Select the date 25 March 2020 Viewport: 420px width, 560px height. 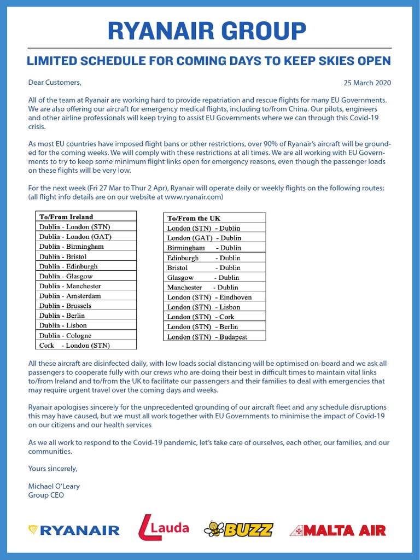pos(367,83)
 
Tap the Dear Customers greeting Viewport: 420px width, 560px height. pos(55,83)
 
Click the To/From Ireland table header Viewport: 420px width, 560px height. pos(66,217)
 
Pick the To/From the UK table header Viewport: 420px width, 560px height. pos(194,218)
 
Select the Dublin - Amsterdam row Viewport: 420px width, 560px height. pos(70,296)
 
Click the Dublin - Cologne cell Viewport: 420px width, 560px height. pos(65,335)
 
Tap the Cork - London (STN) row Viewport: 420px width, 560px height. pos(74,345)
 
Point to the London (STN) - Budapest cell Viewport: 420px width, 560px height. pos(207,337)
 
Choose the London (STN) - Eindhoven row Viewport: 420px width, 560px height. pos(209,297)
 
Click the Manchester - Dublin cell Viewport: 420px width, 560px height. pos(202,287)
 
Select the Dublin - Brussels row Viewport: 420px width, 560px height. pos(65,306)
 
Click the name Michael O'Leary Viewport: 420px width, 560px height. pos(54,486)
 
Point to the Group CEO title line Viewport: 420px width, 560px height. pos(46,495)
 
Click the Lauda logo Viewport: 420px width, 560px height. pos(164,528)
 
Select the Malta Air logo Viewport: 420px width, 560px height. pos(337,530)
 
